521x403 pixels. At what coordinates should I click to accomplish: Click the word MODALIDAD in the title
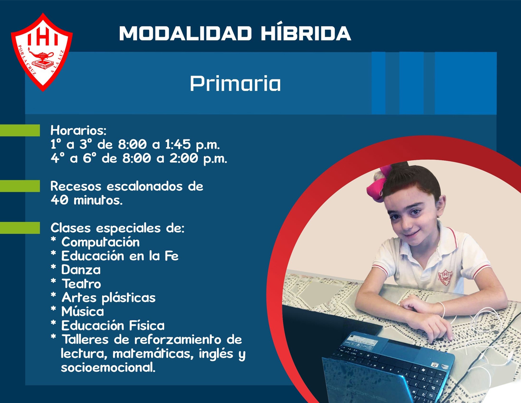coord(185,33)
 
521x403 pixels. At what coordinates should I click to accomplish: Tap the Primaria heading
coord(235,83)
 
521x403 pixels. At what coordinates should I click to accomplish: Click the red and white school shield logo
coord(42,52)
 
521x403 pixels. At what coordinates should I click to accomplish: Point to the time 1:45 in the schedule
coord(178,144)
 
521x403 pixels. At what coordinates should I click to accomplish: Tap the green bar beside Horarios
coord(20,130)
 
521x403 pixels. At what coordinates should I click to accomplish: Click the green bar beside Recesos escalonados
coord(20,186)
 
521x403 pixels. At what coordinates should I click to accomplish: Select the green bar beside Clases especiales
coord(20,228)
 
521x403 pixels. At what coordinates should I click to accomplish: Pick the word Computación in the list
coord(100,242)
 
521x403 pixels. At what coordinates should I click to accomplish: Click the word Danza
coord(81,270)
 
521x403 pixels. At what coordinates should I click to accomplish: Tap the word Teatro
coord(81,283)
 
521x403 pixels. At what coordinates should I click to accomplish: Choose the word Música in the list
coord(82,311)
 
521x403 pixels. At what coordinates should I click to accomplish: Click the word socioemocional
coord(108,367)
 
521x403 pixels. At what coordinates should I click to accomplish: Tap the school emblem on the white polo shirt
coord(445,277)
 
